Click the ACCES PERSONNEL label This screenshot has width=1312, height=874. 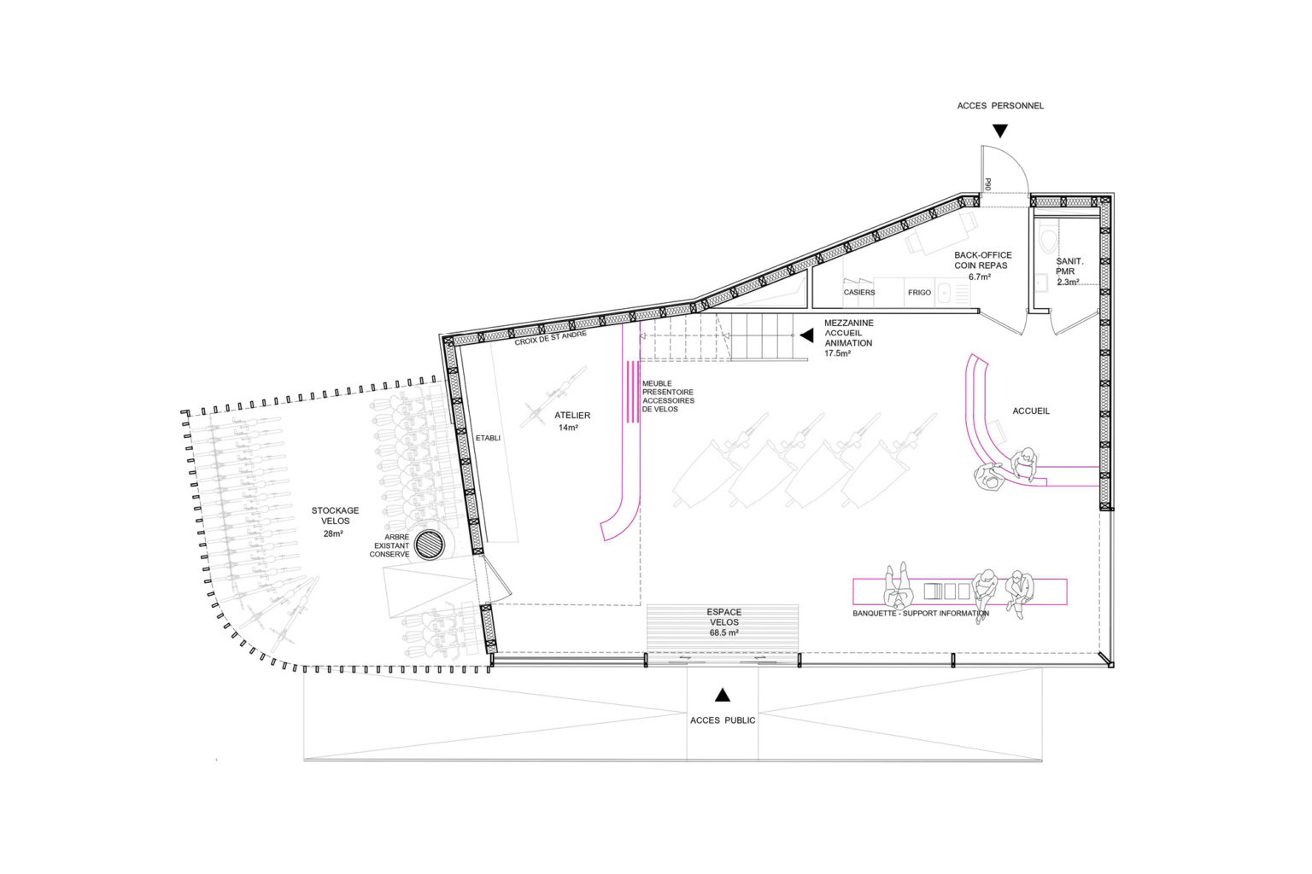click(1000, 106)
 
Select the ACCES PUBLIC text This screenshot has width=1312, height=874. click(723, 720)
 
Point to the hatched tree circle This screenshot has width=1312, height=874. click(430, 545)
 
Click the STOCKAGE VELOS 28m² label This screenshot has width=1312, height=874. click(335, 521)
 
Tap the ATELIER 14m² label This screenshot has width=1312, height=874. click(571, 421)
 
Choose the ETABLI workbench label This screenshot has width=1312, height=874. click(488, 438)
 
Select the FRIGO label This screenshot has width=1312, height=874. click(920, 292)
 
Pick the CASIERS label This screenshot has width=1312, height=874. click(859, 292)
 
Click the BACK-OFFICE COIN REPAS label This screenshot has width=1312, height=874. click(983, 265)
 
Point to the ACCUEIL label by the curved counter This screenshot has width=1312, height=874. click(1031, 411)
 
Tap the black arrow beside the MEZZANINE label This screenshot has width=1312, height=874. click(807, 335)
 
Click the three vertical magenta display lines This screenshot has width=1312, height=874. click(633, 392)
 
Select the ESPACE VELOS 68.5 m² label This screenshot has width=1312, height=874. click(724, 622)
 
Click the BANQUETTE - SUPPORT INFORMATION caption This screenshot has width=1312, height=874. click(921, 614)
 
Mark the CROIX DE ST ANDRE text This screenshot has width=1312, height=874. click(551, 337)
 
